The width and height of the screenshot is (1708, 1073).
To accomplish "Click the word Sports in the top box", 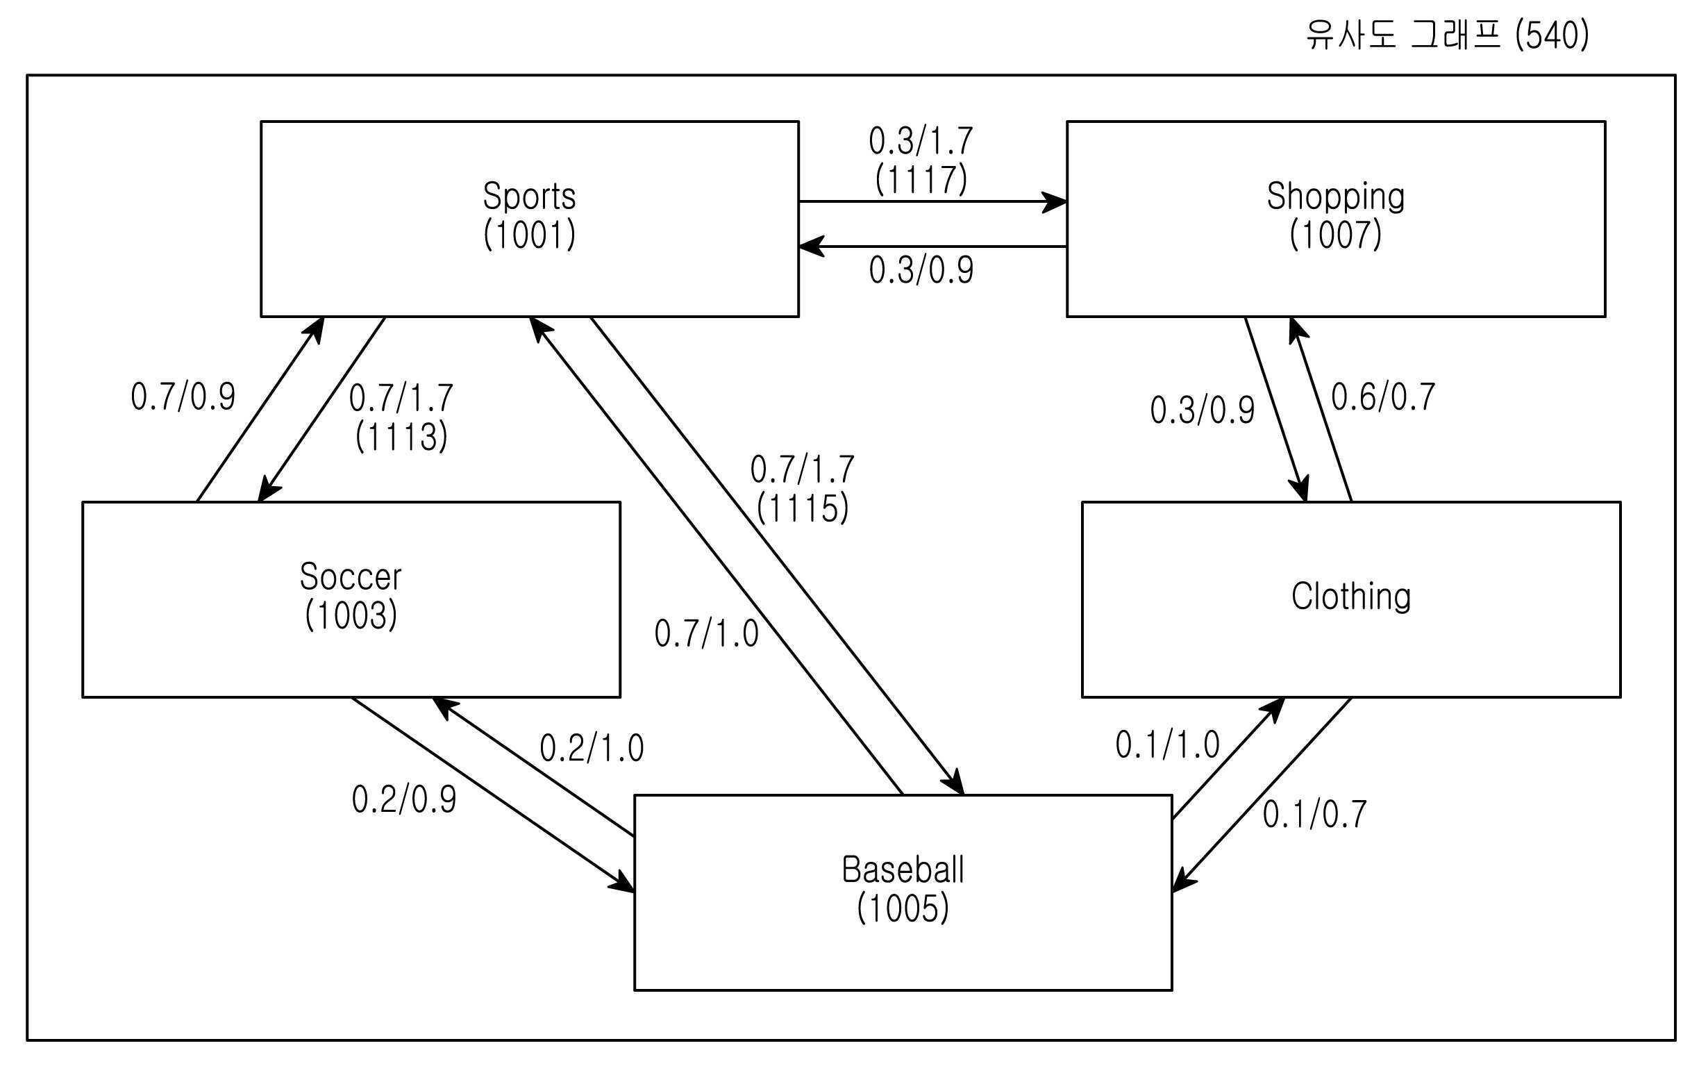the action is pyautogui.click(x=529, y=196).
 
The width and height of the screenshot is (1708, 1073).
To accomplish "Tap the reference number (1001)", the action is pyautogui.click(x=529, y=234).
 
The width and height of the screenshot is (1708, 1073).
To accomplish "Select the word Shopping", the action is pyautogui.click(x=1336, y=197).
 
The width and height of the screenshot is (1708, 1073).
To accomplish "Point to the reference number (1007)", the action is pyautogui.click(x=1336, y=234).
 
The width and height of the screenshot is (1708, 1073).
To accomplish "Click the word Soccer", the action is pyautogui.click(x=351, y=576).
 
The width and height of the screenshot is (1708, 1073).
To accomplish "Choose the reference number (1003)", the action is pyautogui.click(x=351, y=615).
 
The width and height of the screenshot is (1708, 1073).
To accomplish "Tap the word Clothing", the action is pyautogui.click(x=1350, y=596).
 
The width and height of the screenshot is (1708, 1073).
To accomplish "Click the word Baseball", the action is pyautogui.click(x=903, y=870).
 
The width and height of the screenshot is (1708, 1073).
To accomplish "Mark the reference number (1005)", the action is pyautogui.click(x=903, y=908).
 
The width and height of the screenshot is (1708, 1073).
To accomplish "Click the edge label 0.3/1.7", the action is pyautogui.click(x=921, y=141).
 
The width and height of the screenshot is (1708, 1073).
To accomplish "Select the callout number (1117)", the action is pyautogui.click(x=921, y=179).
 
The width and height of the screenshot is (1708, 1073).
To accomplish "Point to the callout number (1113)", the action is pyautogui.click(x=401, y=435).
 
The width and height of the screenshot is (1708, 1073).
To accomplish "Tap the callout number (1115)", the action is pyautogui.click(x=802, y=508).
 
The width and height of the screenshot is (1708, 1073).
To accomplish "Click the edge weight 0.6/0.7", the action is pyautogui.click(x=1383, y=397).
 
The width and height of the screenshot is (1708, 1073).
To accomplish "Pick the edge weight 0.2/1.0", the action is pyautogui.click(x=592, y=748).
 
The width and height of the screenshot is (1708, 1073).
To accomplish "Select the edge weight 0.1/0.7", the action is pyautogui.click(x=1314, y=814).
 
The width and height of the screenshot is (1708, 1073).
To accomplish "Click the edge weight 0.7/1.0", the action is pyautogui.click(x=707, y=633).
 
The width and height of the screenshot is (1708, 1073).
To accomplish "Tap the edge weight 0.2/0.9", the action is pyautogui.click(x=403, y=799).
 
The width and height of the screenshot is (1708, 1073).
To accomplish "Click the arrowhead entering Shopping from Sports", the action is pyautogui.click(x=1054, y=201).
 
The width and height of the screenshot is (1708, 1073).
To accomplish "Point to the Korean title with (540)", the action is pyautogui.click(x=1448, y=35).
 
